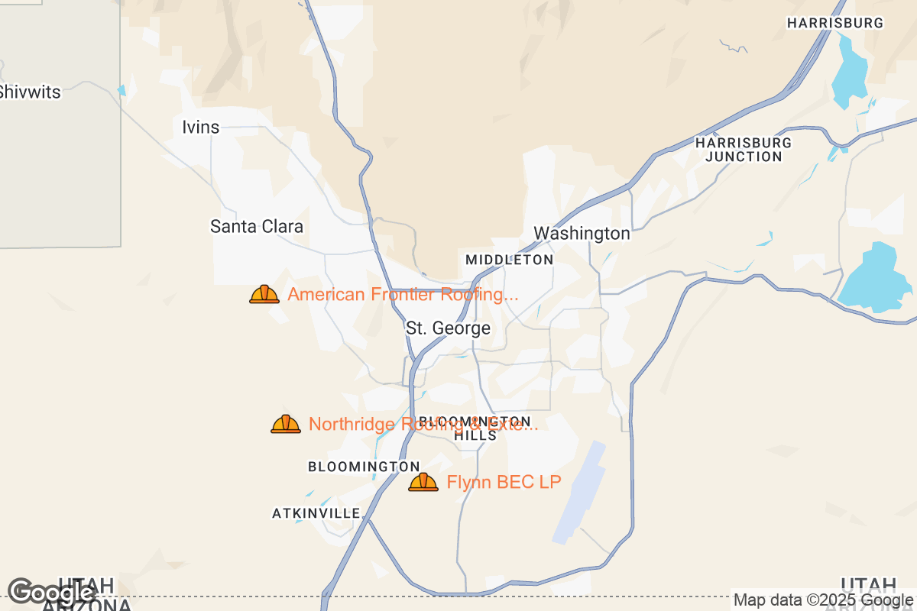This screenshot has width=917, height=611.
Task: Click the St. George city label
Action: click(x=448, y=328)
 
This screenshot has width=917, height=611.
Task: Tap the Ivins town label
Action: click(x=201, y=127)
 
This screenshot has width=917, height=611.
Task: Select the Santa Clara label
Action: click(x=257, y=226)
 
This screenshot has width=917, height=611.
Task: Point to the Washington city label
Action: click(x=582, y=233)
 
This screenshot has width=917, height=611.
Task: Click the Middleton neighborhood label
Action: click(x=509, y=260)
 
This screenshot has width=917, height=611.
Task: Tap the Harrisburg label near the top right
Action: click(x=835, y=23)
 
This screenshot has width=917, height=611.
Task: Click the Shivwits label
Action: click(x=29, y=92)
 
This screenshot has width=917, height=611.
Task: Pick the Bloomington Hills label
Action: click(x=475, y=428)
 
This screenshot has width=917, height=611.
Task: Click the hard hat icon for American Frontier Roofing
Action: click(x=264, y=294)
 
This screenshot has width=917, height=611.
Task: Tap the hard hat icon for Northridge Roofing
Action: click(x=286, y=424)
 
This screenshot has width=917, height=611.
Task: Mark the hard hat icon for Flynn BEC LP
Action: click(x=423, y=482)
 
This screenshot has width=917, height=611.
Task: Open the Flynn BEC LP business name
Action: click(x=504, y=482)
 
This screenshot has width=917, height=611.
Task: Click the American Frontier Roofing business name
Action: click(x=403, y=294)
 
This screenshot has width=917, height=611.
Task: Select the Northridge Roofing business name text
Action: click(x=423, y=424)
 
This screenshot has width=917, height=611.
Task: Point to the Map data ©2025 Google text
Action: click(x=823, y=600)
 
